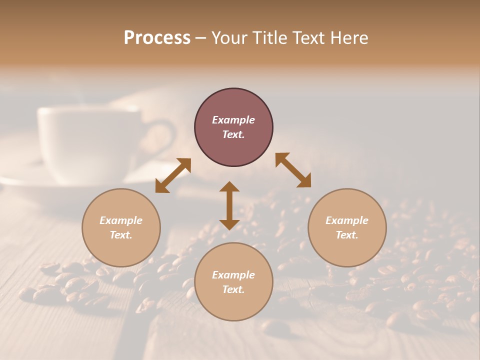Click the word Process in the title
(157, 38)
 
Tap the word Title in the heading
(269, 38)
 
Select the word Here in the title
(347, 38)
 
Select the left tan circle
(121, 250)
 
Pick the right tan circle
(347, 250)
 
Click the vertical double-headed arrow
(229, 205)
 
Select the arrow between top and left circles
(173, 175)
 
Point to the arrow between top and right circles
(293, 170)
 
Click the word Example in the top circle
(233, 120)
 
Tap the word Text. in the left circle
(121, 235)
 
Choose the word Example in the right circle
(347, 220)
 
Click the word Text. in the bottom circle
(233, 289)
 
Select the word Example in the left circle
(121, 220)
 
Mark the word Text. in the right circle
(347, 235)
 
